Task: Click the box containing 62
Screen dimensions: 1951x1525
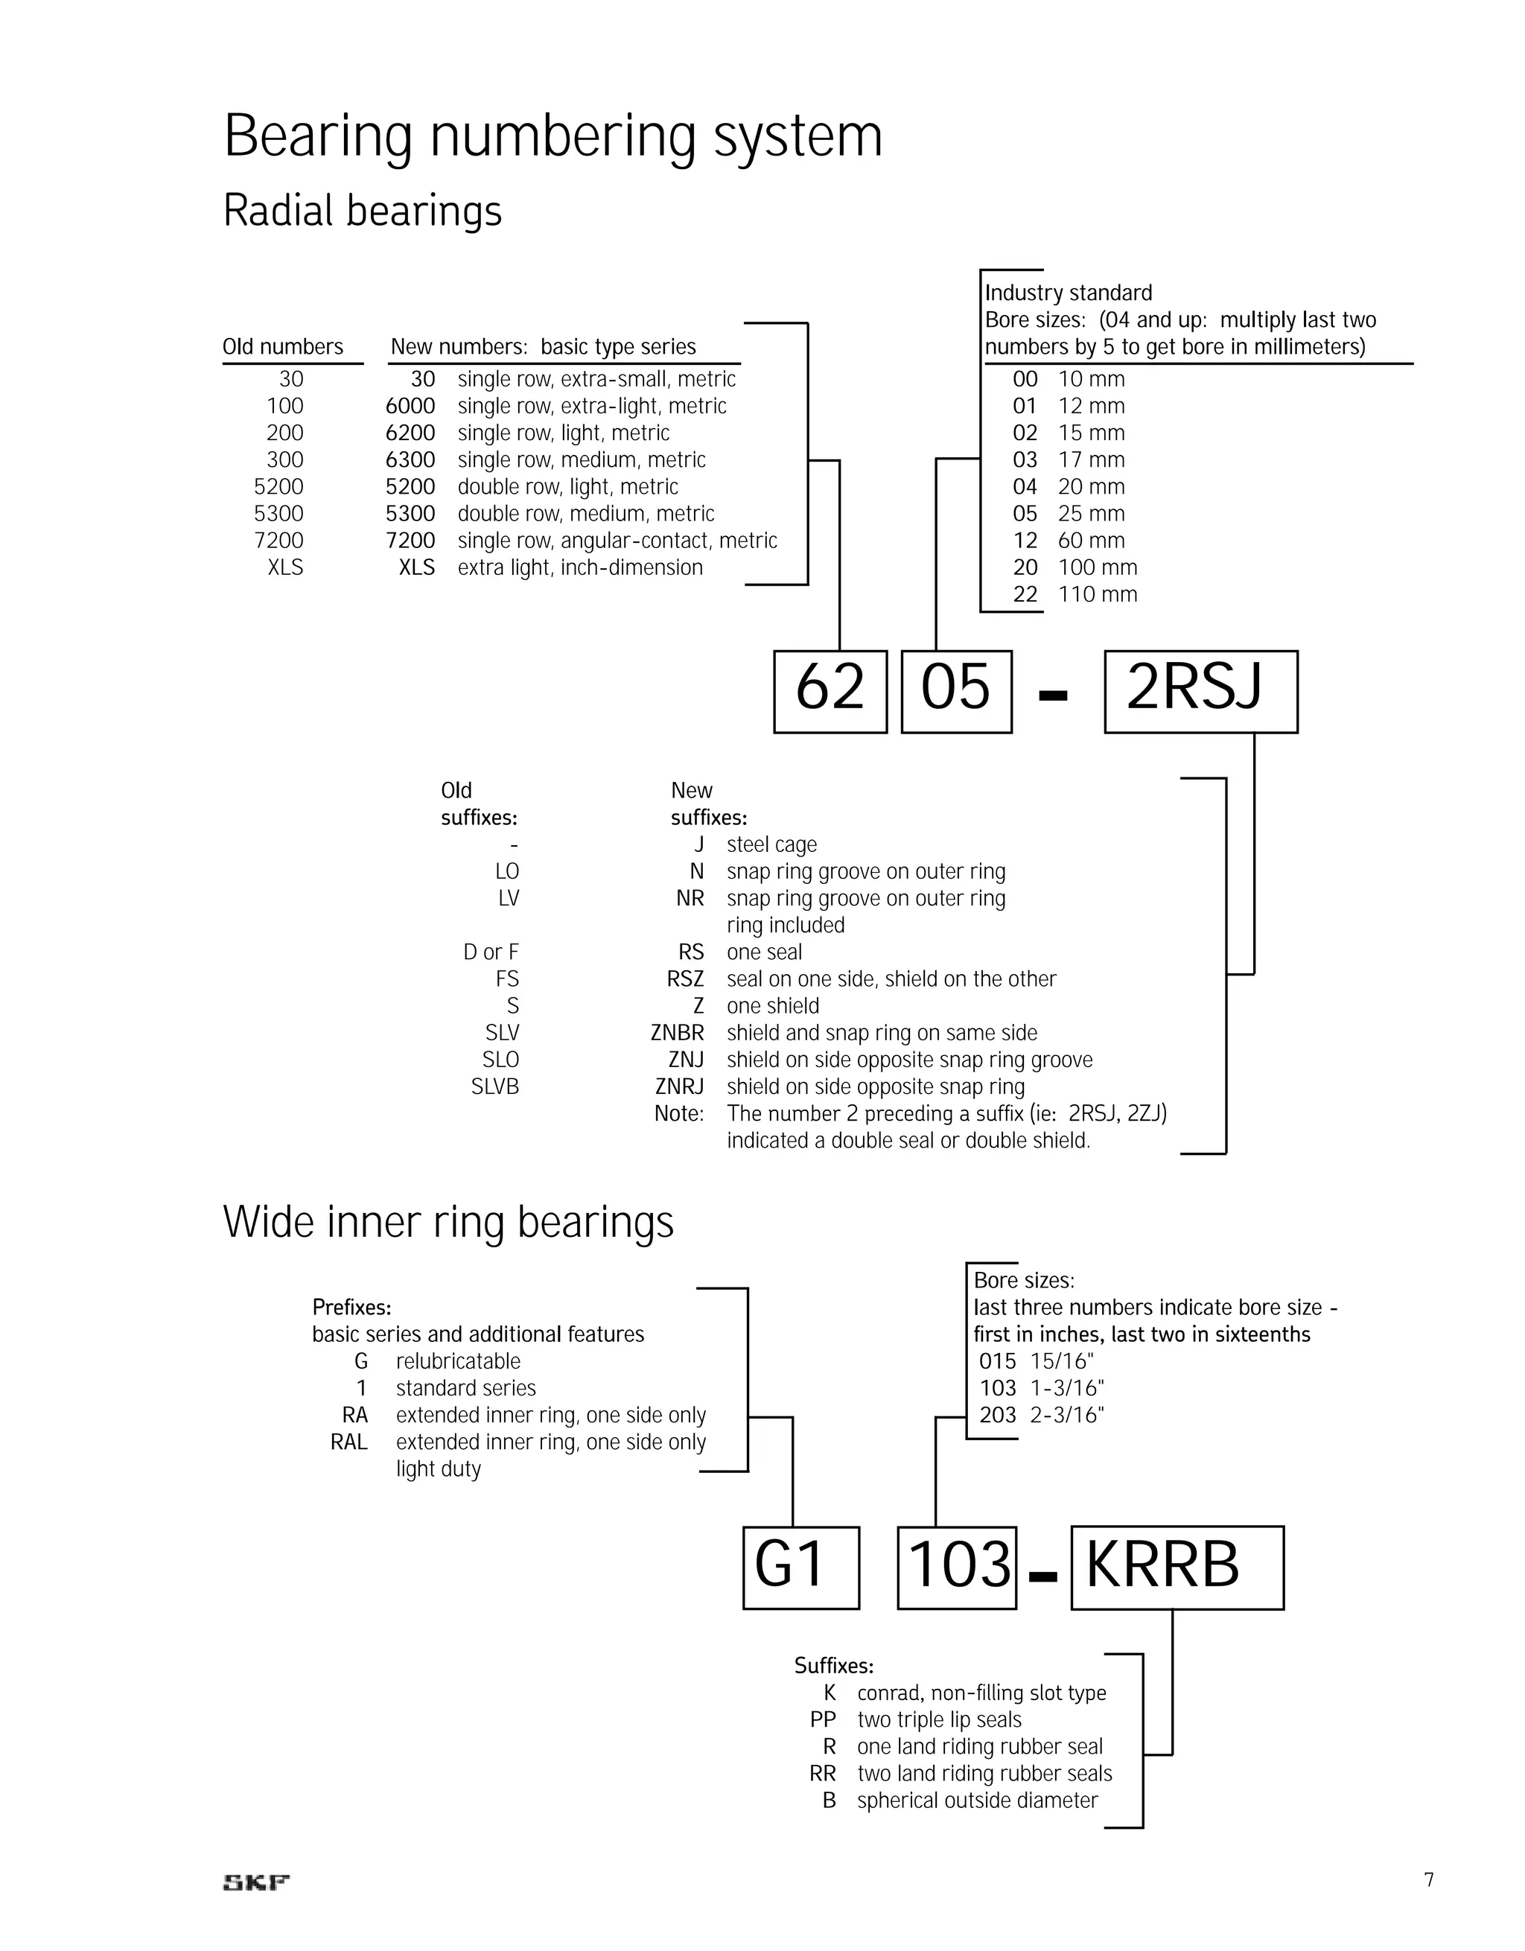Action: [830, 692]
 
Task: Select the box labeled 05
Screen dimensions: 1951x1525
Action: [956, 692]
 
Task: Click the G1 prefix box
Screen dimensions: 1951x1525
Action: [800, 1568]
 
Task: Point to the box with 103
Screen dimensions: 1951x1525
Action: [957, 1568]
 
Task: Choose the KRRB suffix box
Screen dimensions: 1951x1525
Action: [1177, 1568]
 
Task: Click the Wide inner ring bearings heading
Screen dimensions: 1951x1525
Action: [448, 1222]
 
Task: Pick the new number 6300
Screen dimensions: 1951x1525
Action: [410, 460]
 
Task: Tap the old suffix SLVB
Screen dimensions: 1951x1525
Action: [495, 1087]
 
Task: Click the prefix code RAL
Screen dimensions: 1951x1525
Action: [349, 1442]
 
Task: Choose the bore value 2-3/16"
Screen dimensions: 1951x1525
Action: [1067, 1415]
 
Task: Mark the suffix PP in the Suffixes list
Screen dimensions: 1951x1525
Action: [823, 1719]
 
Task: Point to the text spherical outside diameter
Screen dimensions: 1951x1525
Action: [978, 1800]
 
